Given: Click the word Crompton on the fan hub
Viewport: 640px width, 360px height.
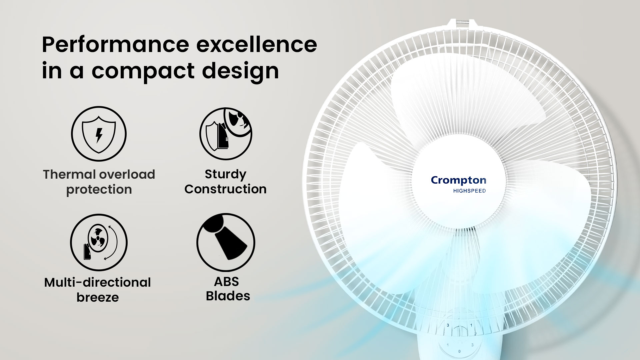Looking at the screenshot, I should (458, 180).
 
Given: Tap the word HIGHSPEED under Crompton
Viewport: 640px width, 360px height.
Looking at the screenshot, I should (469, 191).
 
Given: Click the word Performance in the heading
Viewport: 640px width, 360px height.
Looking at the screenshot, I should (115, 45).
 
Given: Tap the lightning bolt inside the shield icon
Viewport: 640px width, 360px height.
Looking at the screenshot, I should (99, 135).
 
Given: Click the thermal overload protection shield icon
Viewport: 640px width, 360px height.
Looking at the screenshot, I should (99, 134).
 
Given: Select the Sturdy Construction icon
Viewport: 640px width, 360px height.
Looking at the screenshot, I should (226, 134).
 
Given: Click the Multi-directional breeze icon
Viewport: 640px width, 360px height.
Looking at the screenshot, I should (99, 242).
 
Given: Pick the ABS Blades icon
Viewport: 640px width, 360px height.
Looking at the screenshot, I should (226, 242).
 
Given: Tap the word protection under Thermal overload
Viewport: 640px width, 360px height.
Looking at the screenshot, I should (99, 189).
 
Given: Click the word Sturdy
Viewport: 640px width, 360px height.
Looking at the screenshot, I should (226, 174).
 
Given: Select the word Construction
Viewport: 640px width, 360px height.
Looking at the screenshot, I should (226, 189).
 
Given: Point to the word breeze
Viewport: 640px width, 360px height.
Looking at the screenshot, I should (98, 297).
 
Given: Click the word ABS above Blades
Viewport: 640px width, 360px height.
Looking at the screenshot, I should (226, 282).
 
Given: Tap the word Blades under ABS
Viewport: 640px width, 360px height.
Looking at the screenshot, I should (228, 296).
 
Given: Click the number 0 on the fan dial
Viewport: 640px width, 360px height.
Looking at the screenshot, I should (459, 351).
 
